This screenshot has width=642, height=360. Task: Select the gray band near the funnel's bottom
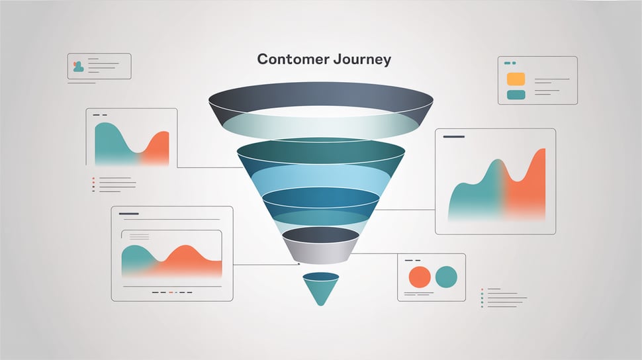(x=320, y=250)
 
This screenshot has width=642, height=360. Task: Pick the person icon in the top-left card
(x=79, y=66)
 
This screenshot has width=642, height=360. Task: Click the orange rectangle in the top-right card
(x=516, y=79)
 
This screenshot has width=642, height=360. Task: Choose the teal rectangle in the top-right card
(x=516, y=95)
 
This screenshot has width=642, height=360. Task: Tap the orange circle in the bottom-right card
(x=419, y=277)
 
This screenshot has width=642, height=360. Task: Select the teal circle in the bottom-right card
(x=446, y=277)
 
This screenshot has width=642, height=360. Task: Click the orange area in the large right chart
(x=526, y=192)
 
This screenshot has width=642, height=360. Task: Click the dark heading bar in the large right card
(x=453, y=137)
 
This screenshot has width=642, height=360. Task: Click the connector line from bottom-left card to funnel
(x=261, y=265)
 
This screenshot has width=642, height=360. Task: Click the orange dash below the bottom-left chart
(x=171, y=292)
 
